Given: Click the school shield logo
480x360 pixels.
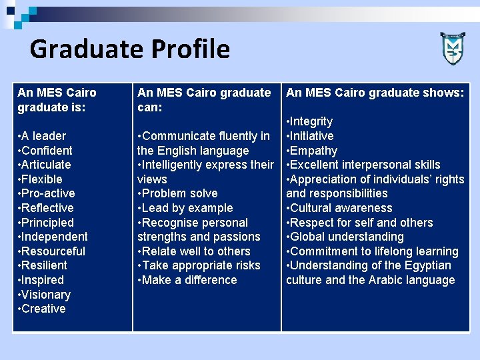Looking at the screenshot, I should click(453, 48).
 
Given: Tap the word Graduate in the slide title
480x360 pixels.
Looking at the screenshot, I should click(86, 49).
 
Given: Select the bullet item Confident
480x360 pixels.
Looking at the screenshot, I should click(47, 151).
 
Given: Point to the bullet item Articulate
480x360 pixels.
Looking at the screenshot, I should click(46, 165).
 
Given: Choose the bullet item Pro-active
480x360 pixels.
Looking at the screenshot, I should click(48, 193).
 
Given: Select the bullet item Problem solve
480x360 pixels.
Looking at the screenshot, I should click(179, 193).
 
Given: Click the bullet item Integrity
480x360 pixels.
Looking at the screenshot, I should click(311, 121).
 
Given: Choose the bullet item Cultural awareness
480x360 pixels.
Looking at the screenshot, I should click(341, 208).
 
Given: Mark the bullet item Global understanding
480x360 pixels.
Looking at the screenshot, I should click(347, 237).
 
